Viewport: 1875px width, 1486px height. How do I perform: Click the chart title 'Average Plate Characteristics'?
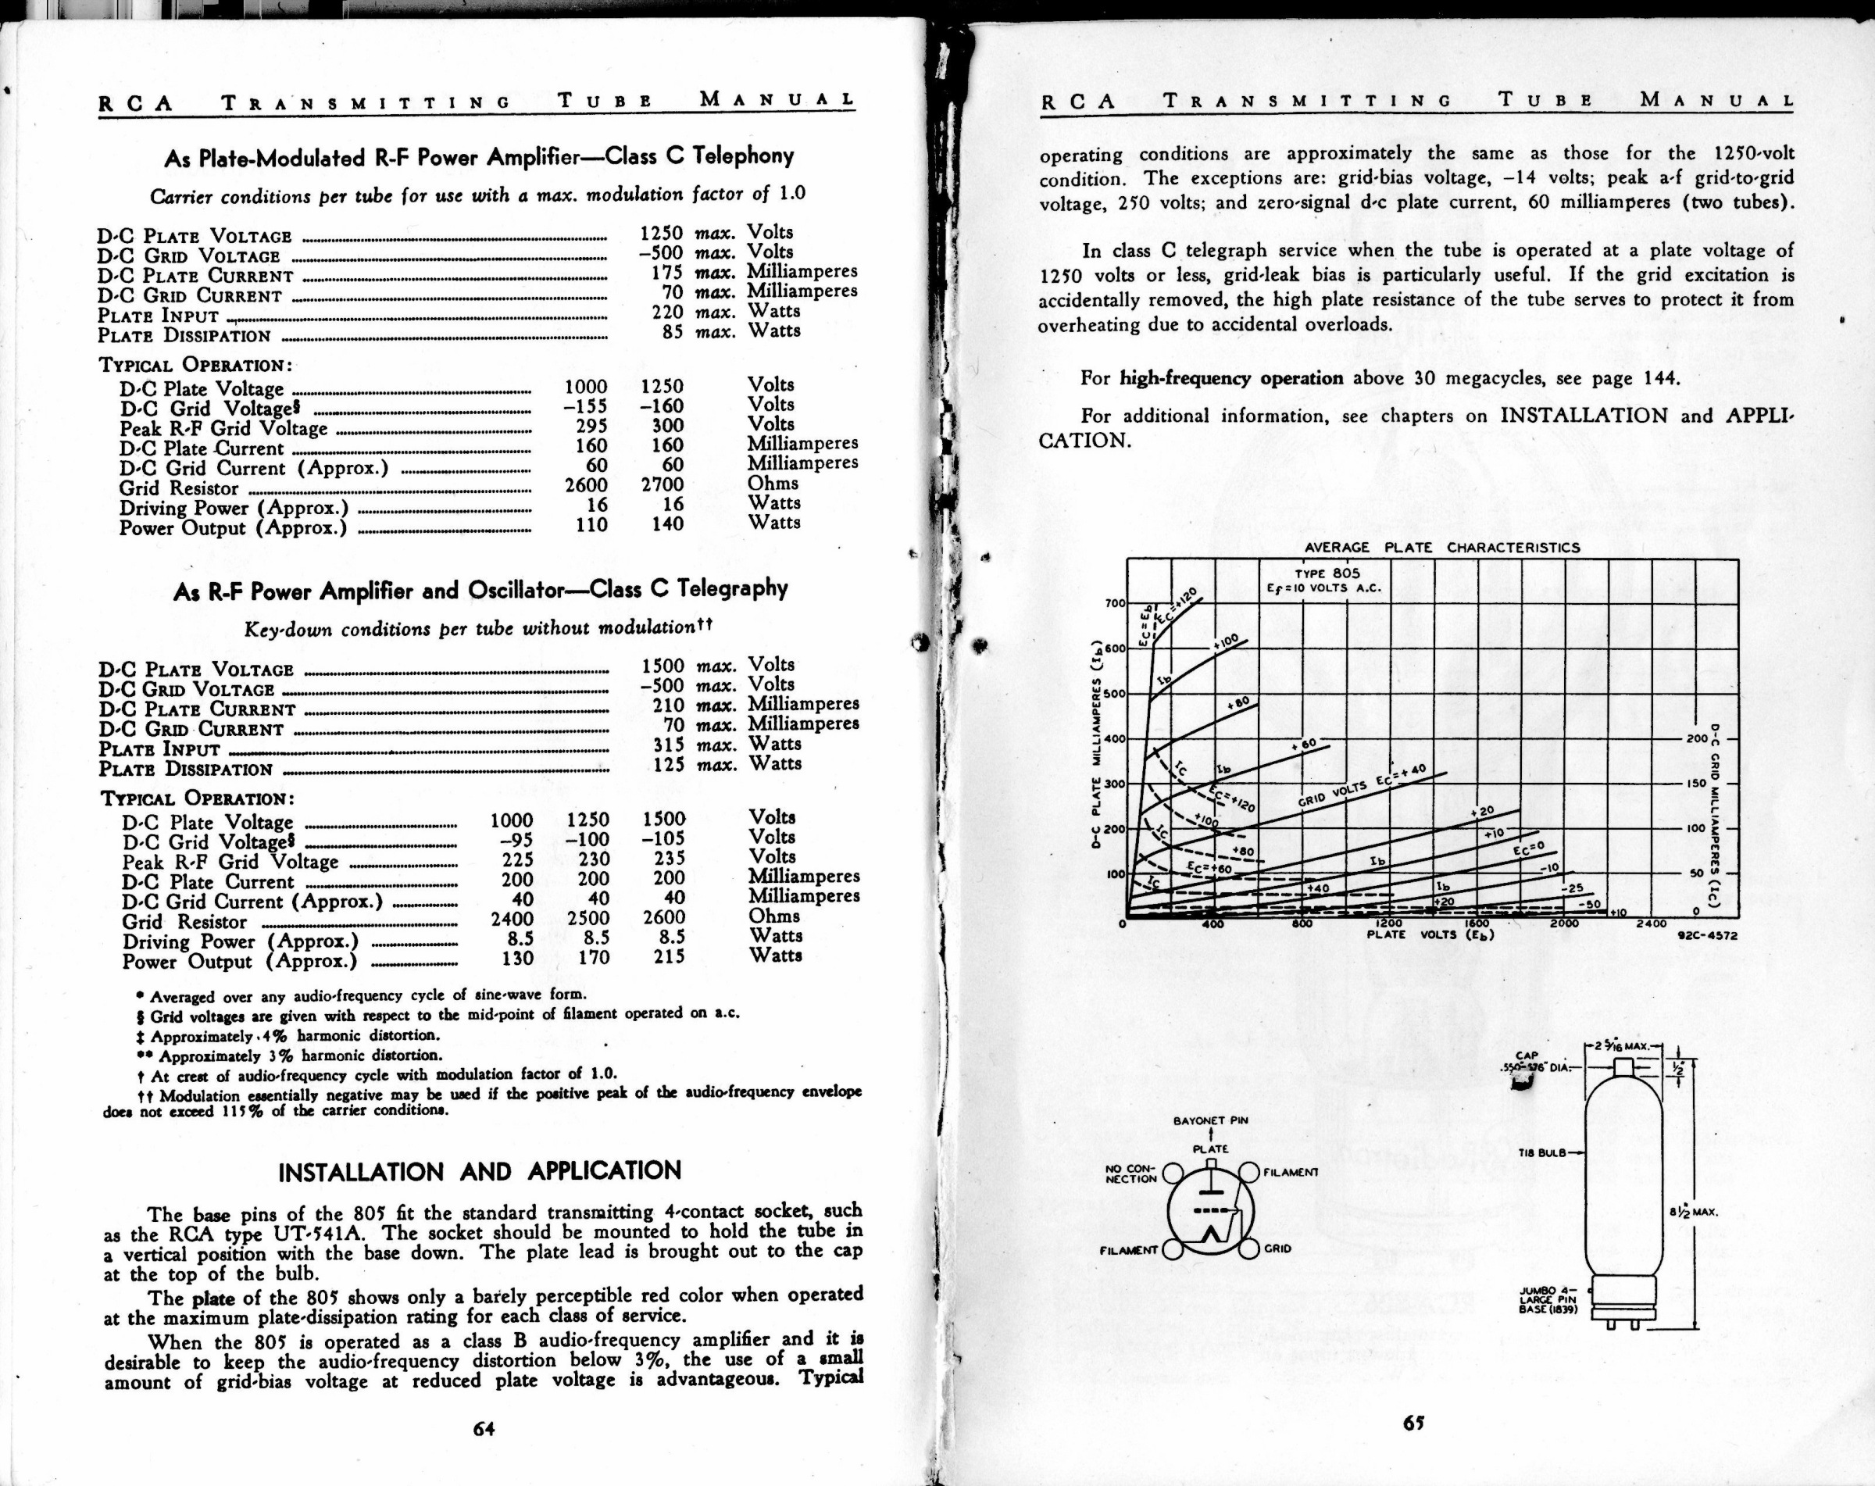click(1441, 548)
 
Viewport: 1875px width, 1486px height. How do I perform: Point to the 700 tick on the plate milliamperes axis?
click(1115, 602)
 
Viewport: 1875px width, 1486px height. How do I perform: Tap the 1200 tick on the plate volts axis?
click(1388, 923)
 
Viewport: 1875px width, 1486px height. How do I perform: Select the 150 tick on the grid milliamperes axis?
click(1697, 784)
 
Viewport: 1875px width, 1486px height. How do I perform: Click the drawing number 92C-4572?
click(1707, 937)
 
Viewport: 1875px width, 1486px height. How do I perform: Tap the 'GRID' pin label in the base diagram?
click(1277, 1248)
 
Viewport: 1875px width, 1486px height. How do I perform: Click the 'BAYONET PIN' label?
click(1211, 1121)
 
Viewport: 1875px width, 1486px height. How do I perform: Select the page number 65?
click(1412, 1423)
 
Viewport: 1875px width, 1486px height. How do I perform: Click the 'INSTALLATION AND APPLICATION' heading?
click(479, 1171)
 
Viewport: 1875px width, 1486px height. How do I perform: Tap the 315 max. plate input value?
click(669, 745)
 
